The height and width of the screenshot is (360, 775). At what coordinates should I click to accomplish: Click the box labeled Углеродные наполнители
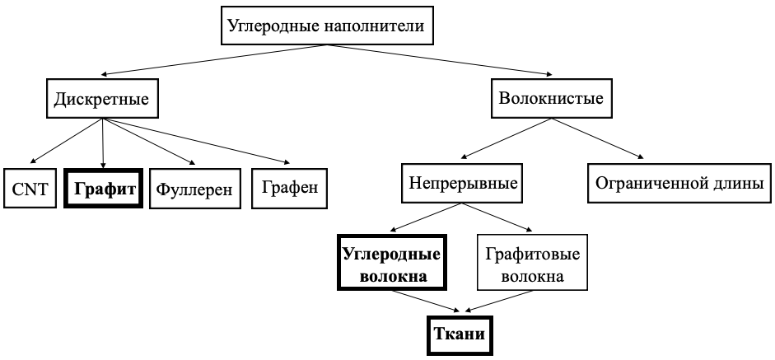click(326, 26)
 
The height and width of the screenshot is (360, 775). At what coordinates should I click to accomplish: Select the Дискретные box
click(103, 98)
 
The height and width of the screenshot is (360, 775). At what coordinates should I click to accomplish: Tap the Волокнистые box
click(551, 98)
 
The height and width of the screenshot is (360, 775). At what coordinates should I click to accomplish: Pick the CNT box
click(30, 189)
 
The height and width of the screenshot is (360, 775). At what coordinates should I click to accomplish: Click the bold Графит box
click(103, 188)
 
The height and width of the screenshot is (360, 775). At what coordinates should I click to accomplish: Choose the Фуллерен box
click(195, 189)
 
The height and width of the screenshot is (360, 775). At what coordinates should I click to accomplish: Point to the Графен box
click(289, 189)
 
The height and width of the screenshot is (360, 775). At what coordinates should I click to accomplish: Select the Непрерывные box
click(463, 183)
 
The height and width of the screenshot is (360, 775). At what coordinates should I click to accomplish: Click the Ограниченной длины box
click(679, 183)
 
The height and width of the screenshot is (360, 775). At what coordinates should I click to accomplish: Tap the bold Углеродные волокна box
click(392, 262)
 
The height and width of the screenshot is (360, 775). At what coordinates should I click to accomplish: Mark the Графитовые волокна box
click(532, 262)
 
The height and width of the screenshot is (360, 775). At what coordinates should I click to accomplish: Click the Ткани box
click(460, 335)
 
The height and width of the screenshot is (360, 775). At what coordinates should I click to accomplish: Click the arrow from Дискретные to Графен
click(196, 141)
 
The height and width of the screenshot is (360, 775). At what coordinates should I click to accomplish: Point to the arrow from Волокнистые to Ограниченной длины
click(598, 138)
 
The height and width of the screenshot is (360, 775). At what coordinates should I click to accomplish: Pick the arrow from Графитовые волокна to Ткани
click(499, 302)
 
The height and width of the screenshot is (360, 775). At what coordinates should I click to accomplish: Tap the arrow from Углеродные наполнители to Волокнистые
click(440, 60)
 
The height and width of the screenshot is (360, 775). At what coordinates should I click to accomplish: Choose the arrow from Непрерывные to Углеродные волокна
click(426, 217)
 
